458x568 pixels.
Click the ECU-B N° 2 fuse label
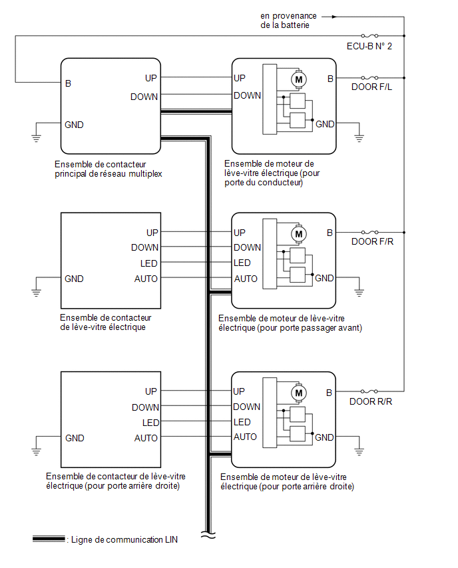coord(369,47)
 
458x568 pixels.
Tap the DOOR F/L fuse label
coord(371,87)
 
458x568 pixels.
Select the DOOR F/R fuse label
coord(372,241)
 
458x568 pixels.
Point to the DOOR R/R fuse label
coord(371,402)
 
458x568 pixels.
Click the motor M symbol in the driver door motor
coord(299,79)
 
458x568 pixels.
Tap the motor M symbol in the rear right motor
coord(299,393)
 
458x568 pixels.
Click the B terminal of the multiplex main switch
coord(68,84)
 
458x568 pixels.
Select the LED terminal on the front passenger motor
coord(242,263)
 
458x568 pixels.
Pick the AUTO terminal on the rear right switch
coord(146,438)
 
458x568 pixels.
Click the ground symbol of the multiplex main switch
coord(36,137)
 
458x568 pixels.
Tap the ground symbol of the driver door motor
coord(359,137)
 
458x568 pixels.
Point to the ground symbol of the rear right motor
coord(359,451)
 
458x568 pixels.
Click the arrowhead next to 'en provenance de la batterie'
coord(334,17)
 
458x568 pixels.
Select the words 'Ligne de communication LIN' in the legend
coord(124,540)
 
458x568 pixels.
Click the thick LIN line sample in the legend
coord(49,539)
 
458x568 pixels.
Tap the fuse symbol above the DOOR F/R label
coord(369,232)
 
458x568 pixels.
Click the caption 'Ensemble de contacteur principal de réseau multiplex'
coord(108,169)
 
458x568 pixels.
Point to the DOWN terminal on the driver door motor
coord(247,95)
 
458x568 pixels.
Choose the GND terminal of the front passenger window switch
coord(74,279)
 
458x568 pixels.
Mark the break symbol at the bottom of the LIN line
coord(208,535)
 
